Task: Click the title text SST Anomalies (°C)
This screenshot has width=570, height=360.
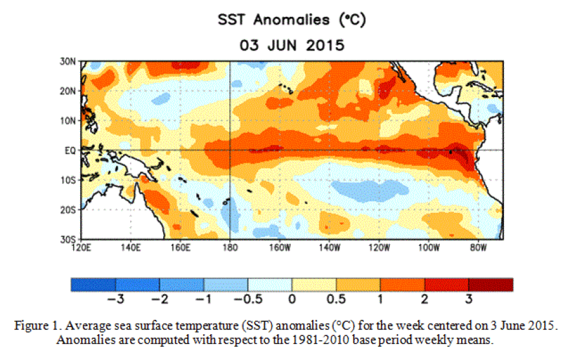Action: [x=291, y=20]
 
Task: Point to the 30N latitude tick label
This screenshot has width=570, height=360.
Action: [x=69, y=61]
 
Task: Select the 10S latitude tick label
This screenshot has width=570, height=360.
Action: [x=69, y=180]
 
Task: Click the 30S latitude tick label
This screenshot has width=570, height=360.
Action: [x=69, y=239]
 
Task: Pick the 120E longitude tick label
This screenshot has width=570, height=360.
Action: [x=82, y=247]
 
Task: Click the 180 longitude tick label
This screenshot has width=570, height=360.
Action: [x=230, y=247]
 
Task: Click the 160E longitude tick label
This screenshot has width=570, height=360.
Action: [x=181, y=247]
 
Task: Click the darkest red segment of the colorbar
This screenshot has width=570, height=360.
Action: [x=490, y=284]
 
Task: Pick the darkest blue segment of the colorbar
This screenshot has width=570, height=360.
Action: [x=93, y=284]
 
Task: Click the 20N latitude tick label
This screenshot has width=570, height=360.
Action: [x=69, y=91]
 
